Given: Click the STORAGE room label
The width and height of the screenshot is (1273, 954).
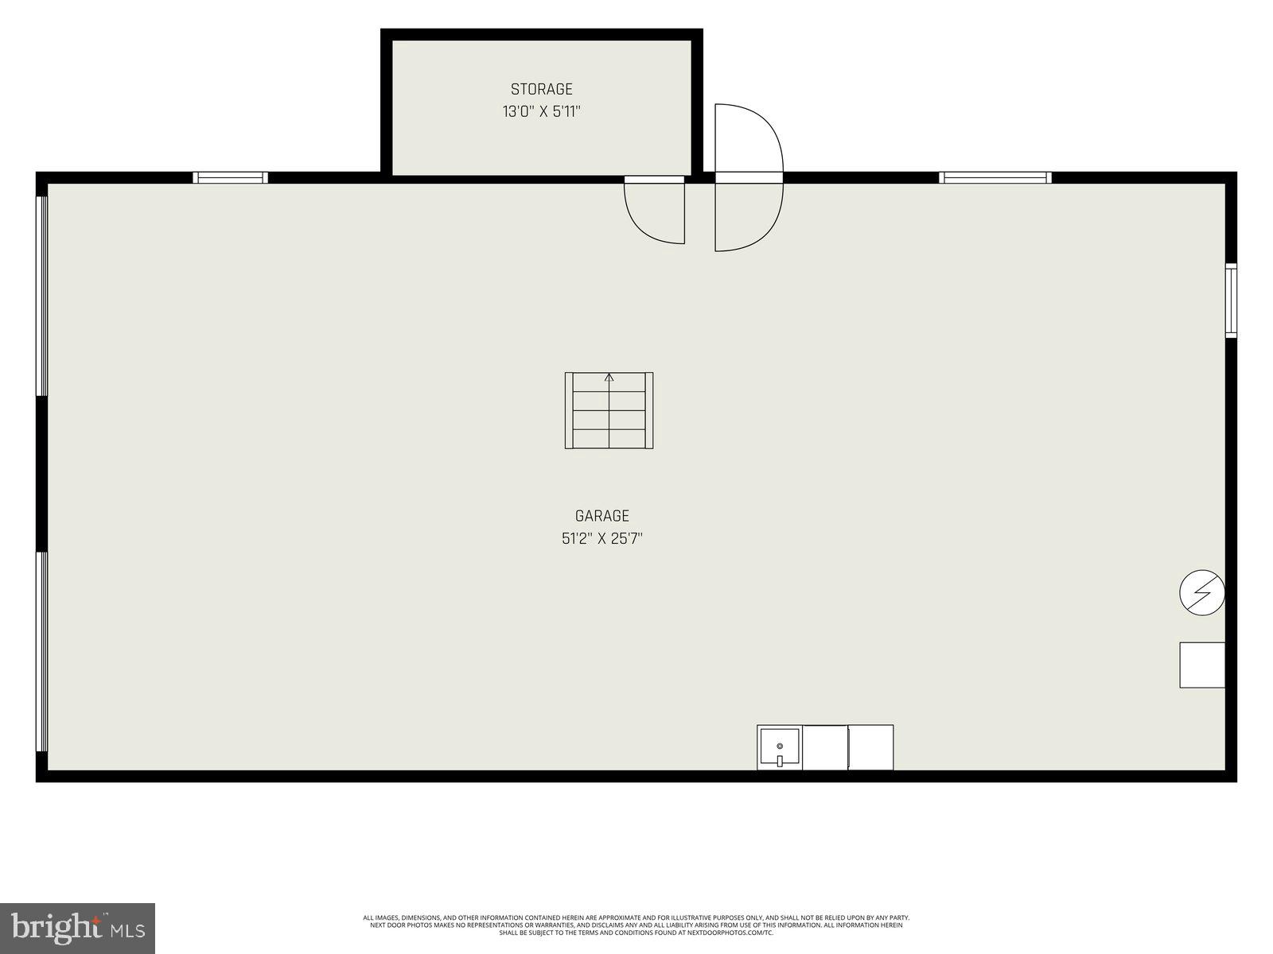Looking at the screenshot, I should pyautogui.click(x=541, y=89).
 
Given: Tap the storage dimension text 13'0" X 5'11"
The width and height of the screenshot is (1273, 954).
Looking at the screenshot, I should pyautogui.click(x=541, y=111).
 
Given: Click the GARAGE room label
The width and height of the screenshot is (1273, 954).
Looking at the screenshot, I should pyautogui.click(x=601, y=516).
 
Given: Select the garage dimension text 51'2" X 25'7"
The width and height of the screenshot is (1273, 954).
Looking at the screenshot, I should pyautogui.click(x=601, y=539).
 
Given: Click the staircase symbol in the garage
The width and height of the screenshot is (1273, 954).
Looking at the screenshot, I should pyautogui.click(x=609, y=410).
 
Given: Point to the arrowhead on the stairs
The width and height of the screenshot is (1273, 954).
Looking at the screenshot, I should pyautogui.click(x=609, y=377).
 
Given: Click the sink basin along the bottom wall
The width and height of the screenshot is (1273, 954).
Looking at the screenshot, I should pyautogui.click(x=780, y=747).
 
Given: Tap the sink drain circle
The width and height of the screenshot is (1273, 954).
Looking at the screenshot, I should pyautogui.click(x=780, y=746).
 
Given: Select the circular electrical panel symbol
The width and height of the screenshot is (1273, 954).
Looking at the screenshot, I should pyautogui.click(x=1201, y=592).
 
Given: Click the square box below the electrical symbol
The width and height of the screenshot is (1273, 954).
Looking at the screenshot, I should pyautogui.click(x=1201, y=665).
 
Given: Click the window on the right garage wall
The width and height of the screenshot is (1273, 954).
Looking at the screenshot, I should pyautogui.click(x=1231, y=301).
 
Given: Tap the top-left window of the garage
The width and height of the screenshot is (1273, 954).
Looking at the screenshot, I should pyautogui.click(x=232, y=177).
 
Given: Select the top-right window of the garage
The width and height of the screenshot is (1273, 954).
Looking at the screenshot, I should pyautogui.click(x=995, y=177).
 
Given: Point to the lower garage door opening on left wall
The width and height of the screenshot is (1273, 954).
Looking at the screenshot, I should pyautogui.click(x=41, y=652).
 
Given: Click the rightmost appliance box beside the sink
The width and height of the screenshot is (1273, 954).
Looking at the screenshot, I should pyautogui.click(x=870, y=747).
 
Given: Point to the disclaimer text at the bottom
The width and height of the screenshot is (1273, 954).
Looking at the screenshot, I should pyautogui.click(x=636, y=925).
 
